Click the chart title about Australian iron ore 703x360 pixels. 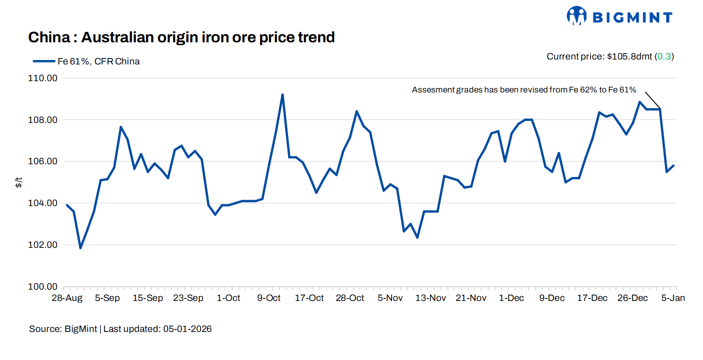[x=181, y=37]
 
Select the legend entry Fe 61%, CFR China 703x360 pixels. [x=86, y=61]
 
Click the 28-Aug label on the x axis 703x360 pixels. [x=67, y=298]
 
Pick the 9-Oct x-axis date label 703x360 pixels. [x=268, y=298]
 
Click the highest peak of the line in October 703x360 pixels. [x=283, y=94]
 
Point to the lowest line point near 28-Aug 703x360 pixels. [x=80, y=248]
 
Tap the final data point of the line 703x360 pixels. [x=674, y=166]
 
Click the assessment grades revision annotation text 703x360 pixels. [x=524, y=90]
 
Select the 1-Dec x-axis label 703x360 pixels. [x=511, y=298]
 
